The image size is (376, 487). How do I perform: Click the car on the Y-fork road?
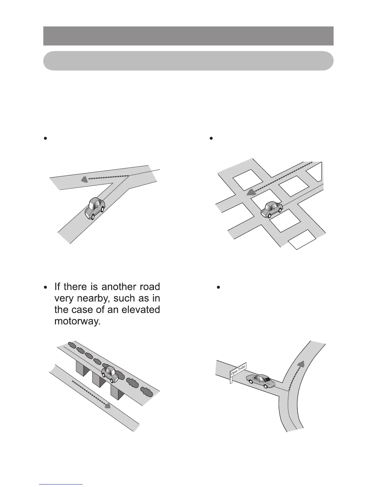click(95, 208)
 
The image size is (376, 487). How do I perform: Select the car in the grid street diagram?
click(272, 210)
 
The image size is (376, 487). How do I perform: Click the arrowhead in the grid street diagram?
click(251, 192)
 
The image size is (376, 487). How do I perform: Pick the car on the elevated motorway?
click(110, 374)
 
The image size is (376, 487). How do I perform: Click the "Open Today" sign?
click(238, 369)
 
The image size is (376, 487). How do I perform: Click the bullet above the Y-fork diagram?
click(45, 139)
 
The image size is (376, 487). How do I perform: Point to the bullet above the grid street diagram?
click(211, 139)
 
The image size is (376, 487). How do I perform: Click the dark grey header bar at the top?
click(188, 36)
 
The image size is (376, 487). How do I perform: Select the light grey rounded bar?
click(188, 61)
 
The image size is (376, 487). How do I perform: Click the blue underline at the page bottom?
click(61, 484)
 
